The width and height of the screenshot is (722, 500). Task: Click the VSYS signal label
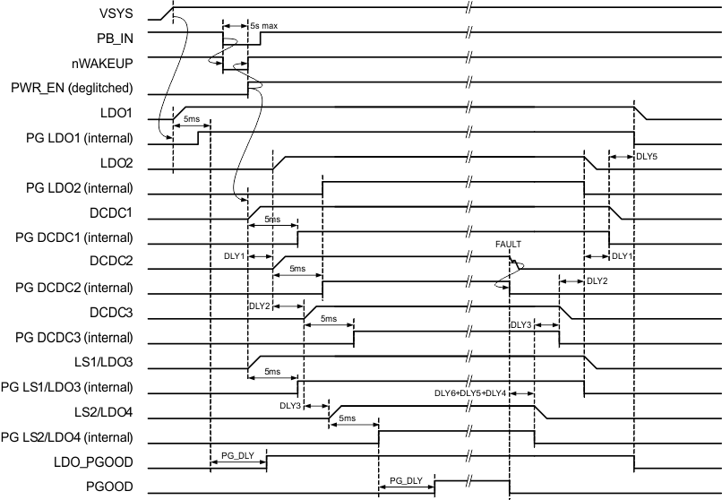click(x=116, y=14)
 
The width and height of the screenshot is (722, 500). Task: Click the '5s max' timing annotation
click(x=263, y=27)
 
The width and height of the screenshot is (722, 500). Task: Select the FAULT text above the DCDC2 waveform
click(x=508, y=243)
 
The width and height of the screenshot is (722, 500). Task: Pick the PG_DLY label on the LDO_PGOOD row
click(x=237, y=455)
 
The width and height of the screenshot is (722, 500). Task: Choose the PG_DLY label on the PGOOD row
click(x=407, y=481)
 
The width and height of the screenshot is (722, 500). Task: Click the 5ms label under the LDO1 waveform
click(x=191, y=119)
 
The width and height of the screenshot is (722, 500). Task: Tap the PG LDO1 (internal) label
click(x=82, y=138)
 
